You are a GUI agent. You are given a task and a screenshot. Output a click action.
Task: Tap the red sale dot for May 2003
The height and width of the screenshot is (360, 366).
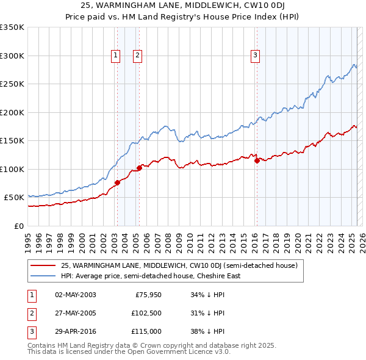pyautogui.click(x=117, y=182)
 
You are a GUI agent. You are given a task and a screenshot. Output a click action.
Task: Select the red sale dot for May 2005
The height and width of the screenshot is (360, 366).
pyautogui.click(x=140, y=167)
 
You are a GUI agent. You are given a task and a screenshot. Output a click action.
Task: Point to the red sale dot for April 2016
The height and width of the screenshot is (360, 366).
pyautogui.click(x=257, y=160)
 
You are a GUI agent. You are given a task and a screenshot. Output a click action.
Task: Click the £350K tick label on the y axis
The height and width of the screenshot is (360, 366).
pyautogui.click(x=12, y=27)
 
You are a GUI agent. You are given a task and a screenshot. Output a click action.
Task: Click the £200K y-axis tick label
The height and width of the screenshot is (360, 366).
pyautogui.click(x=12, y=112)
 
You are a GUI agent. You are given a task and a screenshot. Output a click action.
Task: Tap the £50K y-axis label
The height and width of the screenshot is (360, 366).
pyautogui.click(x=15, y=197)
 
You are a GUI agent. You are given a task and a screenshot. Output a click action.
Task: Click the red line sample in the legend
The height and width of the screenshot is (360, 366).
pyautogui.click(x=43, y=265)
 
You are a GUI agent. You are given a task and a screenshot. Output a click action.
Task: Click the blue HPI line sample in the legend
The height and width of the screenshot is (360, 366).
pyautogui.click(x=43, y=276)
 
